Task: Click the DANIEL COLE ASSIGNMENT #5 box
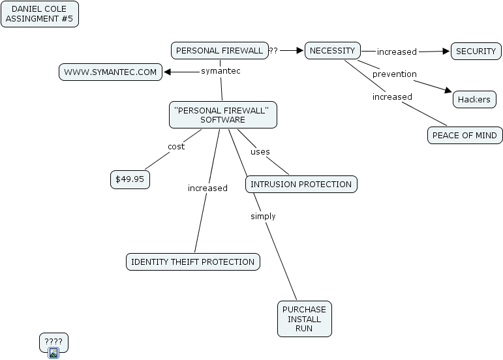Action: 40,14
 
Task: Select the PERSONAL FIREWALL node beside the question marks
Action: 220,51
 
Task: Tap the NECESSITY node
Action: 333,51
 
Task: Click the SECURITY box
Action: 476,52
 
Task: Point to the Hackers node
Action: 474,99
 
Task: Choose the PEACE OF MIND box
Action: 465,135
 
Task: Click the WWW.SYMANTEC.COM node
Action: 110,72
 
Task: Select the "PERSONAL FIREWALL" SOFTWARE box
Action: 223,115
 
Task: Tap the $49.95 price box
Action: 130,179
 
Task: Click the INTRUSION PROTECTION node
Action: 301,185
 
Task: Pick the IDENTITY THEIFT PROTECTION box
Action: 193,262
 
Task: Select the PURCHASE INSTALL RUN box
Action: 305,319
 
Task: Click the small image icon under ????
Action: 53,353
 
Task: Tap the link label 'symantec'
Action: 221,71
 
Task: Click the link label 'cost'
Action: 176,147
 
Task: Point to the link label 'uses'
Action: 260,151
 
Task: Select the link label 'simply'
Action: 263,217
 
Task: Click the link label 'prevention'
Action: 395,74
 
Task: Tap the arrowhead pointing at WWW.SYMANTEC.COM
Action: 167,72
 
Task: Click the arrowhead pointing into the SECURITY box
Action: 446,52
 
